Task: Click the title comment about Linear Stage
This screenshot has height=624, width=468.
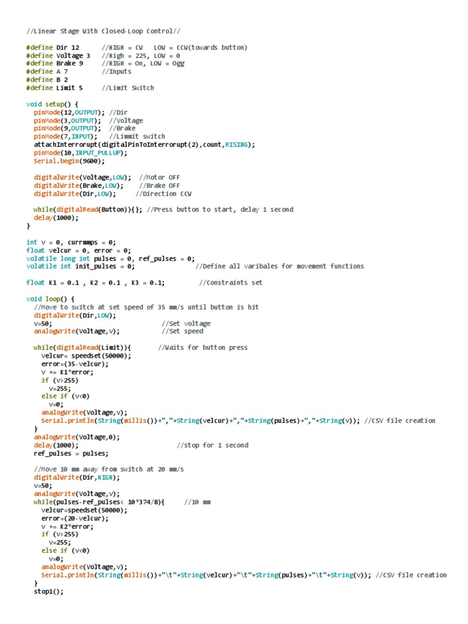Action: tap(103, 30)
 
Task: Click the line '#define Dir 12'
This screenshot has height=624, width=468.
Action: tap(53, 48)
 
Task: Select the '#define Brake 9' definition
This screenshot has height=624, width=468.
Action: tap(55, 63)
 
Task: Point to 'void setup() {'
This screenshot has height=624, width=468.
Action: tap(52, 104)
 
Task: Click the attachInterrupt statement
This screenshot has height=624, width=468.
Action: tap(144, 144)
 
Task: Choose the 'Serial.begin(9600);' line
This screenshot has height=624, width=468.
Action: tap(69, 161)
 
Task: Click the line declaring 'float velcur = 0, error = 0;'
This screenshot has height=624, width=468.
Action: tap(79, 250)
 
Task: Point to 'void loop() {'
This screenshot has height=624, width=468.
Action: tap(50, 299)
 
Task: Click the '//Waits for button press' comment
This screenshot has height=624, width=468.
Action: tap(203, 347)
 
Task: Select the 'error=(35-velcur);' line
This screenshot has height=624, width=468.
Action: tap(75, 364)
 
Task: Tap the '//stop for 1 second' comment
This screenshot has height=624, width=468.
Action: tap(213, 445)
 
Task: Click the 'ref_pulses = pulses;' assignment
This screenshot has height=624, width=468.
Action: tap(71, 453)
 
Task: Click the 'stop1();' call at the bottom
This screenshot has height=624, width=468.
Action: tap(48, 591)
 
